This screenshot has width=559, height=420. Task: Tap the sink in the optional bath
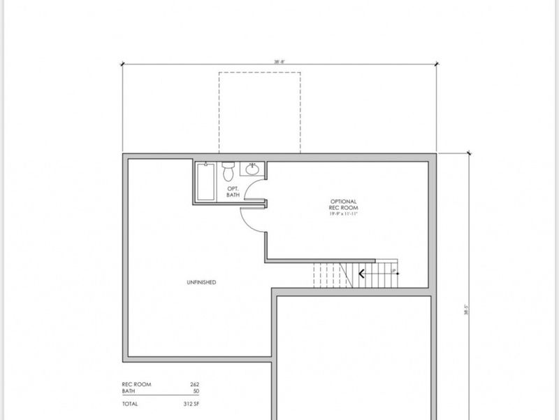tap(252, 168)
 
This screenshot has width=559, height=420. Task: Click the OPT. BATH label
tap(233, 192)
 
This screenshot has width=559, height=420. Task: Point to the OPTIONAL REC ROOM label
tap(343, 204)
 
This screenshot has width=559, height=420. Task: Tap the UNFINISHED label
tap(201, 282)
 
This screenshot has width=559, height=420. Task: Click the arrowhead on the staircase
tap(361, 274)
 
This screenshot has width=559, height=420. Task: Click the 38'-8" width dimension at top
tap(279, 62)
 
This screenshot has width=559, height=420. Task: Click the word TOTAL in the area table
tap(130, 404)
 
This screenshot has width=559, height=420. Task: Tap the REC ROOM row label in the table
tap(136, 384)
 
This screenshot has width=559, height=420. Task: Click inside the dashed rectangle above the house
tap(259, 112)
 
